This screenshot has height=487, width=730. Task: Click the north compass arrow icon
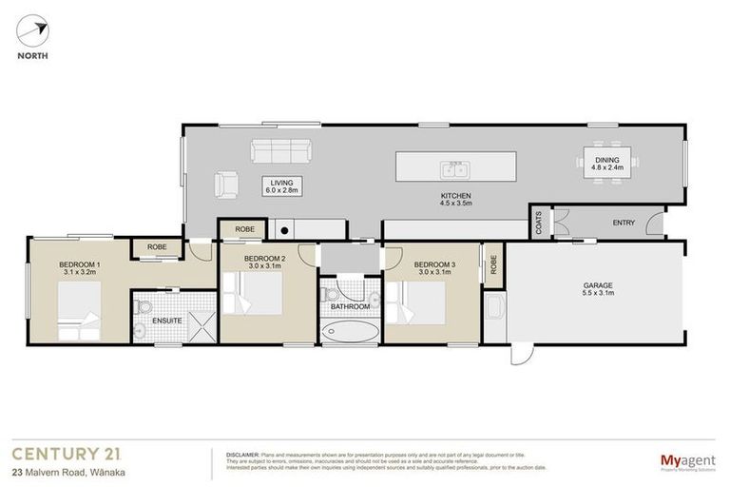31,31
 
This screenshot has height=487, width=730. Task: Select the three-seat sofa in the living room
280,151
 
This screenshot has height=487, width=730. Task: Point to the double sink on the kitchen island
454,170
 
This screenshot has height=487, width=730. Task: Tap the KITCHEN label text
455,196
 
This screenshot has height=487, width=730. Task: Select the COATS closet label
538,224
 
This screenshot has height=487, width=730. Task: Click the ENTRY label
624,224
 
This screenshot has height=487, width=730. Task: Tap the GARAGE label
598,284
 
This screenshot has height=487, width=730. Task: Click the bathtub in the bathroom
350,332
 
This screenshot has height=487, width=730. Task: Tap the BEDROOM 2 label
265,259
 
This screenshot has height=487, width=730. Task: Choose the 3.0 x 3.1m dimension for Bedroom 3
427,271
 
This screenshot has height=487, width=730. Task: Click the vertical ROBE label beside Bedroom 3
492,265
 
